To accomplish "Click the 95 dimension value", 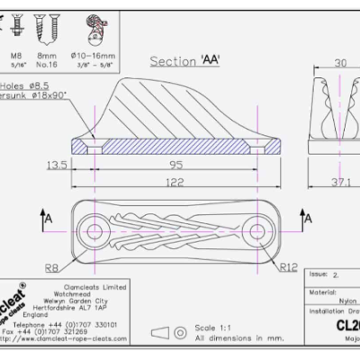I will (x=176, y=163).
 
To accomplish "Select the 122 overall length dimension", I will (x=176, y=180).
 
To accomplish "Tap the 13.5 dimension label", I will (x=57, y=165).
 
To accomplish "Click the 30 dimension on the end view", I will (x=339, y=64).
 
